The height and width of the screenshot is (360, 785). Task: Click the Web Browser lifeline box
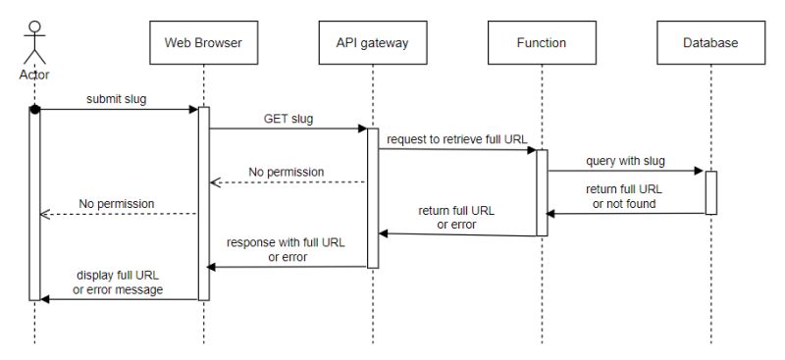[x=203, y=42]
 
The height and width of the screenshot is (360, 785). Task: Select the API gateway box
[x=373, y=42]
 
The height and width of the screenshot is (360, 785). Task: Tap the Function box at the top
[x=541, y=42]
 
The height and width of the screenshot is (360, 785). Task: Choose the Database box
[x=710, y=42]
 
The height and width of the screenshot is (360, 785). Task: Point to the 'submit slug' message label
[x=116, y=98]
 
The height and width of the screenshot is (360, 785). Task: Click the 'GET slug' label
[x=288, y=118]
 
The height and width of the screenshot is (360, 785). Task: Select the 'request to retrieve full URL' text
[x=457, y=138]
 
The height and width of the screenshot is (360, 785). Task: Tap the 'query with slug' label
[x=626, y=159]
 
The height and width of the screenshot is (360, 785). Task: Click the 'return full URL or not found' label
[x=626, y=196]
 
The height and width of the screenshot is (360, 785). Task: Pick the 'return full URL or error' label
[x=457, y=217]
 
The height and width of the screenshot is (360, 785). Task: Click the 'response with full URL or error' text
[x=287, y=249]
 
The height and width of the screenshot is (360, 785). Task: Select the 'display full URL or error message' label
[x=118, y=283]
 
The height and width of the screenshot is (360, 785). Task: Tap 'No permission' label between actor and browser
[x=117, y=204]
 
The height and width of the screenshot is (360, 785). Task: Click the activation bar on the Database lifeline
[x=710, y=192]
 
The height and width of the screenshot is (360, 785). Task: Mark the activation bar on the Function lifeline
[x=541, y=192]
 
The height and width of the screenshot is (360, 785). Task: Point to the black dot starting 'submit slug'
[x=34, y=109]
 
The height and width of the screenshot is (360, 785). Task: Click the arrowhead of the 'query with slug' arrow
[x=700, y=171]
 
